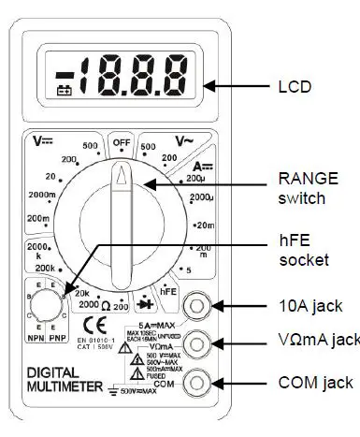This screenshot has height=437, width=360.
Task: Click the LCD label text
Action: [295, 87]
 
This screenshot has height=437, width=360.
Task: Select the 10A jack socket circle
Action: [197, 303]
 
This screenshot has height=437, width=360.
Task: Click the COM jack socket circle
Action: [197, 381]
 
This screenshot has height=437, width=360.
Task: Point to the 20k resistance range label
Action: [80, 292]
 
